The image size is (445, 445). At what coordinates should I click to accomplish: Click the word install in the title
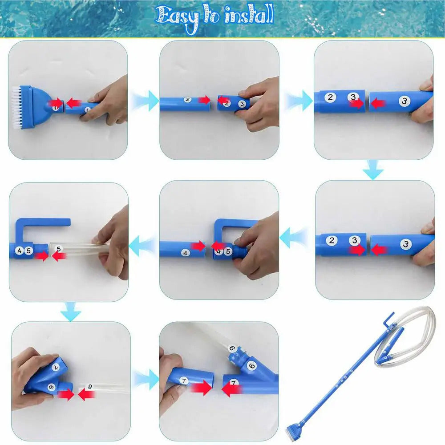point(249,14)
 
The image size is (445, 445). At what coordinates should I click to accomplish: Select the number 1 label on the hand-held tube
point(88,110)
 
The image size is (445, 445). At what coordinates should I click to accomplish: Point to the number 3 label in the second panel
point(242,104)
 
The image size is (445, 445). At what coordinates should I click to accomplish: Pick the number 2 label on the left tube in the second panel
point(187,100)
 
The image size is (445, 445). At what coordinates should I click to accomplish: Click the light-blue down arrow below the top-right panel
point(373,170)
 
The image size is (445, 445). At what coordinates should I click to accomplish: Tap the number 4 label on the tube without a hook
point(185,253)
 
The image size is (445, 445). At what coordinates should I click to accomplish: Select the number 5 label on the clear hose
point(58,249)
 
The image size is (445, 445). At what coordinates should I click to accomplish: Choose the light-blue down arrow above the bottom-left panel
point(70,311)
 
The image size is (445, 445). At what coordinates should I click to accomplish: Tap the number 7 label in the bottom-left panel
point(56,367)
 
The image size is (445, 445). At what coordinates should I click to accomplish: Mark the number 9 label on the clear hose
point(90,387)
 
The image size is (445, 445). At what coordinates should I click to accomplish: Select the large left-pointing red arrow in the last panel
point(232,389)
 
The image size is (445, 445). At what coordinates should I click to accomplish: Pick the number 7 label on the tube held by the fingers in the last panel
point(184,381)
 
